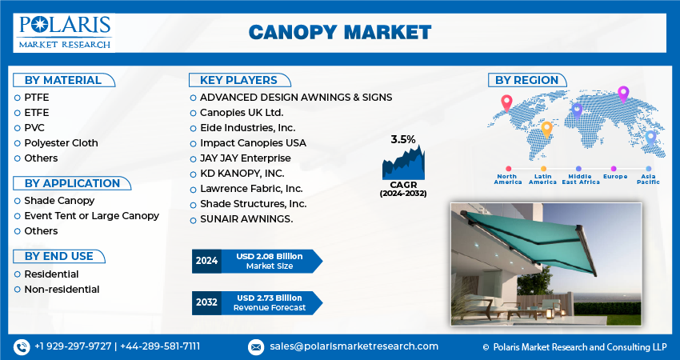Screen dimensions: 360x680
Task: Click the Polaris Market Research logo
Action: click(x=63, y=32)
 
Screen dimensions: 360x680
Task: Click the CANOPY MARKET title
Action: click(x=339, y=32)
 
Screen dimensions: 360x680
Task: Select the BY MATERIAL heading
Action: click(x=63, y=80)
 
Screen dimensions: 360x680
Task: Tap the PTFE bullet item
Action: click(x=36, y=97)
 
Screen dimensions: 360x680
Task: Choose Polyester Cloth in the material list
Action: click(x=61, y=142)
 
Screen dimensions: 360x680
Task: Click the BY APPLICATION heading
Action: click(x=72, y=183)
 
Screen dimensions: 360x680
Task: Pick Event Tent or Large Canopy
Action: click(x=91, y=215)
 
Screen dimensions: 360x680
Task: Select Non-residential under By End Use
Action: click(x=62, y=289)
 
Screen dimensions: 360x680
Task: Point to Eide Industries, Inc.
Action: click(x=247, y=127)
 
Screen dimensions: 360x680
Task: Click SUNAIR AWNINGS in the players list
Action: click(x=246, y=218)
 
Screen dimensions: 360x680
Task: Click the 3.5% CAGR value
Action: click(x=403, y=140)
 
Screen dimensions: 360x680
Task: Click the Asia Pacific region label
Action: click(x=648, y=179)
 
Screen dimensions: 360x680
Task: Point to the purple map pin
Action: click(x=624, y=94)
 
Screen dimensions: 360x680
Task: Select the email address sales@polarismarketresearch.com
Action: click(x=354, y=346)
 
